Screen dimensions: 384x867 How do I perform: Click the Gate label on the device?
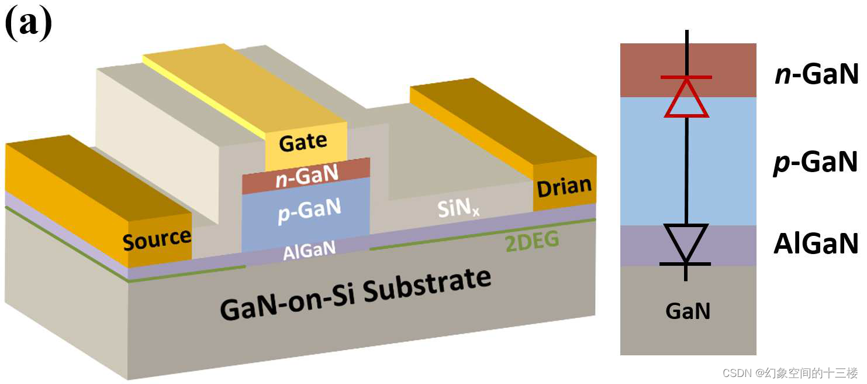pos(303,142)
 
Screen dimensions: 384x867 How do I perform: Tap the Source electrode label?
pos(157,239)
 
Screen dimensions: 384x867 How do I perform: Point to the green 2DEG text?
pos(531,242)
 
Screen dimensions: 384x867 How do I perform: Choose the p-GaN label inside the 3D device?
pos(309,209)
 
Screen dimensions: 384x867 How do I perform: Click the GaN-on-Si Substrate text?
pos(355,298)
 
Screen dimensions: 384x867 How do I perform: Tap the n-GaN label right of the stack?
pos(816,75)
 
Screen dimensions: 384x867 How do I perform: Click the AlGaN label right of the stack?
pos(816,244)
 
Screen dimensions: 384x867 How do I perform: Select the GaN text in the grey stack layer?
pos(688,311)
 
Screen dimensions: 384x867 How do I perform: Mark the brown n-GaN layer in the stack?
pos(643,70)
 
